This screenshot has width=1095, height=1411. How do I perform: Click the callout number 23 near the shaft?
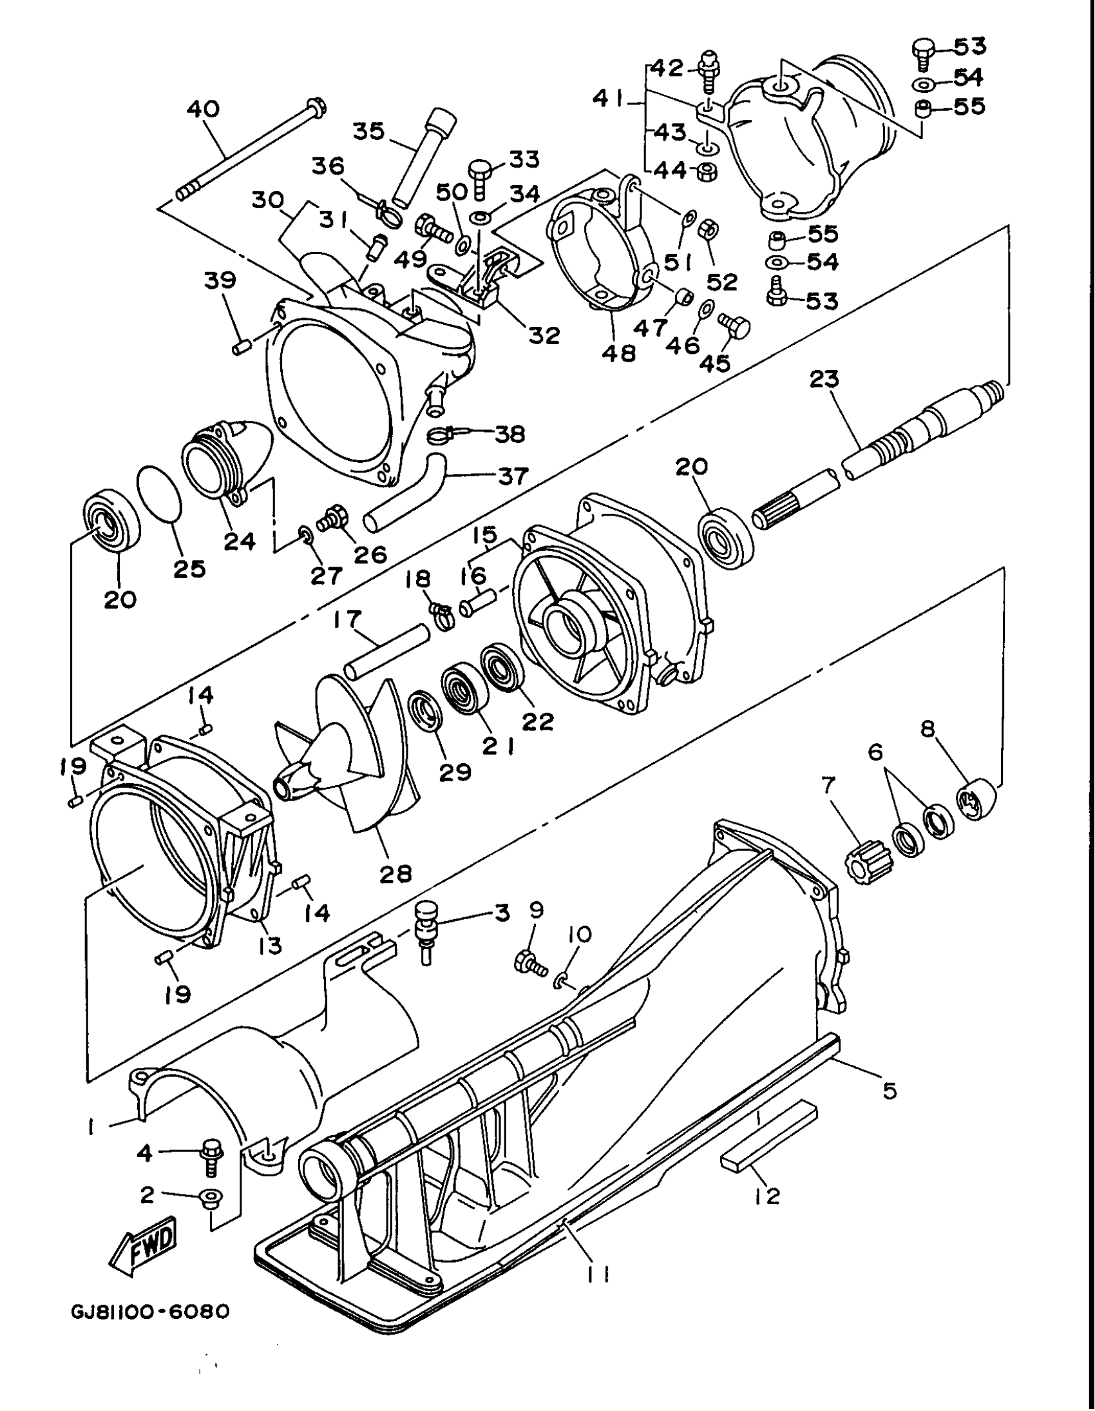click(x=824, y=379)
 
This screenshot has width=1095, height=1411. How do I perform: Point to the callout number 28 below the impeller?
click(x=395, y=873)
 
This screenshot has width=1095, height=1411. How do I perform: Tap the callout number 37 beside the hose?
click(x=511, y=476)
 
